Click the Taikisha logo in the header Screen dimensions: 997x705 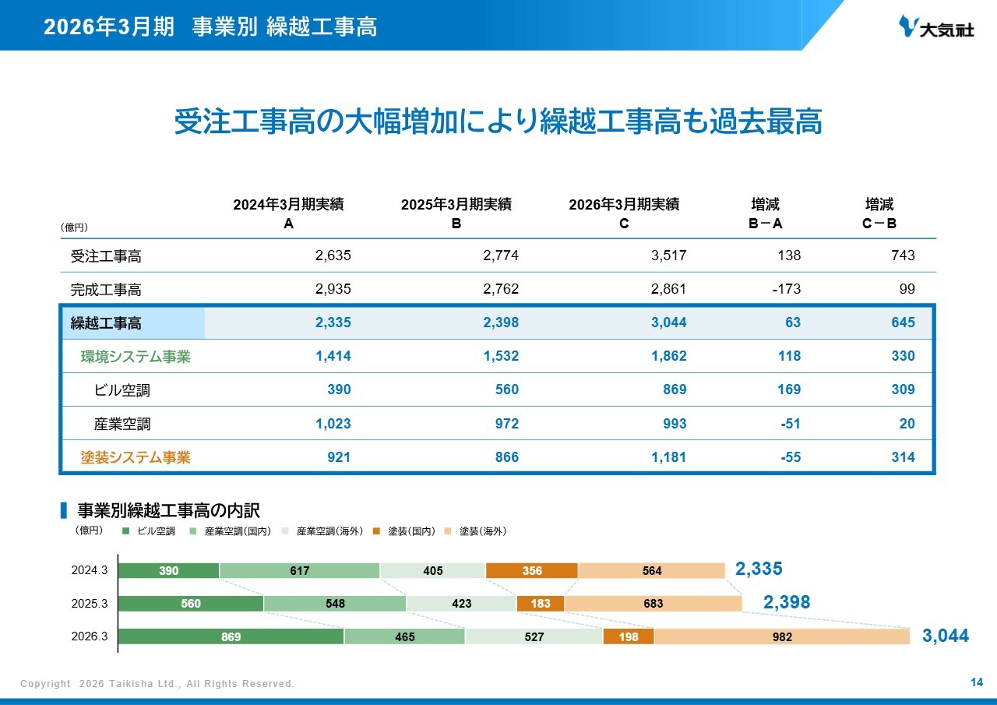(x=936, y=26)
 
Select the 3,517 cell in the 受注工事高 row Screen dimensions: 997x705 (x=668, y=256)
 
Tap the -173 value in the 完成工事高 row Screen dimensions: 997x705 (x=787, y=289)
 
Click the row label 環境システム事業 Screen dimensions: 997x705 (x=136, y=357)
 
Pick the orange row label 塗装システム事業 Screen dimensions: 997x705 (x=136, y=457)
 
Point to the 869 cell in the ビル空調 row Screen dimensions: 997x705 (x=675, y=390)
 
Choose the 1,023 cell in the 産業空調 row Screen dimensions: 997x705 (x=333, y=423)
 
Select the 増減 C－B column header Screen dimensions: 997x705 (x=879, y=213)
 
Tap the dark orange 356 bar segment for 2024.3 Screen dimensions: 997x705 (x=532, y=570)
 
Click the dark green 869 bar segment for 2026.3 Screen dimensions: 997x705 (x=231, y=636)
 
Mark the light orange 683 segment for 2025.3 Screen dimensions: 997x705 (x=653, y=604)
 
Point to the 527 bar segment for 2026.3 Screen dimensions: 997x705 (x=534, y=636)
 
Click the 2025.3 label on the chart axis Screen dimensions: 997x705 (x=90, y=604)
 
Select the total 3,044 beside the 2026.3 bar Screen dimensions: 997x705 (x=946, y=636)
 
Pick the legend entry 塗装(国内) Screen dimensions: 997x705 (x=404, y=531)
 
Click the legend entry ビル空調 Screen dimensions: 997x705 (x=149, y=531)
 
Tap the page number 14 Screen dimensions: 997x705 (x=977, y=682)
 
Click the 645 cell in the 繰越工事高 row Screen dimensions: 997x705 (x=903, y=323)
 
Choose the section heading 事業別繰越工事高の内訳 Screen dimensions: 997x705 (x=168, y=510)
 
